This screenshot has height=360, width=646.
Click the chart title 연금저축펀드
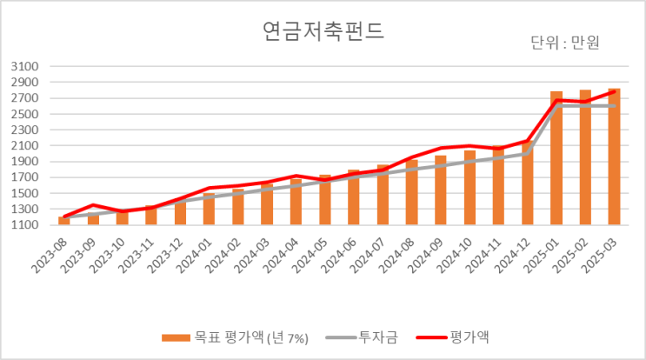(x=323, y=32)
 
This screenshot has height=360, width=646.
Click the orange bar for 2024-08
(x=411, y=193)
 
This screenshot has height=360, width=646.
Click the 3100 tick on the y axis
(x=26, y=67)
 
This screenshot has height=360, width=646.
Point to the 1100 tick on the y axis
(x=26, y=225)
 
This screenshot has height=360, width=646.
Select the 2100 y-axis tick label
(x=26, y=146)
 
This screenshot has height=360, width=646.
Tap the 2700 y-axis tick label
(x=26, y=98)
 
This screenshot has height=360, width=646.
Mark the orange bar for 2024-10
(x=470, y=188)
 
